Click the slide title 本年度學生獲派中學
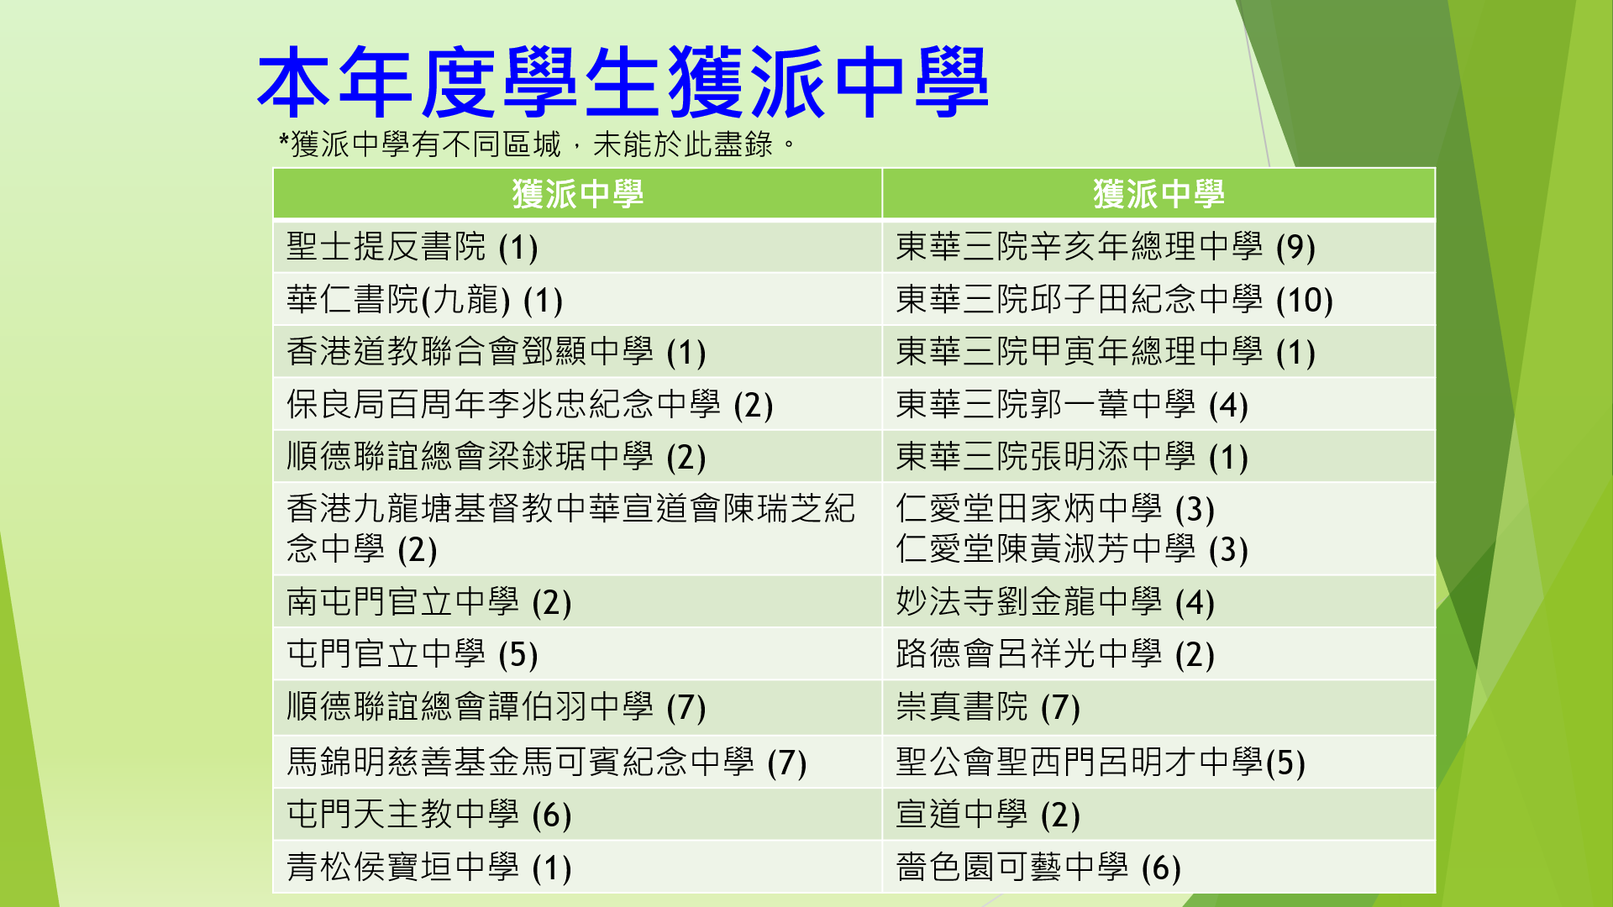[x=623, y=81]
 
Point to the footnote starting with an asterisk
[x=537, y=144]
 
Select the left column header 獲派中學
[x=578, y=194]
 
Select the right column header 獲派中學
[x=1159, y=194]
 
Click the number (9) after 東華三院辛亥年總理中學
[x=1295, y=247]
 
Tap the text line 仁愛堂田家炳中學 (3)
[x=1054, y=509]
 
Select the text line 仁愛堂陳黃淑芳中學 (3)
[x=1071, y=549]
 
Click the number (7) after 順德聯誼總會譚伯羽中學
[x=686, y=707]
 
